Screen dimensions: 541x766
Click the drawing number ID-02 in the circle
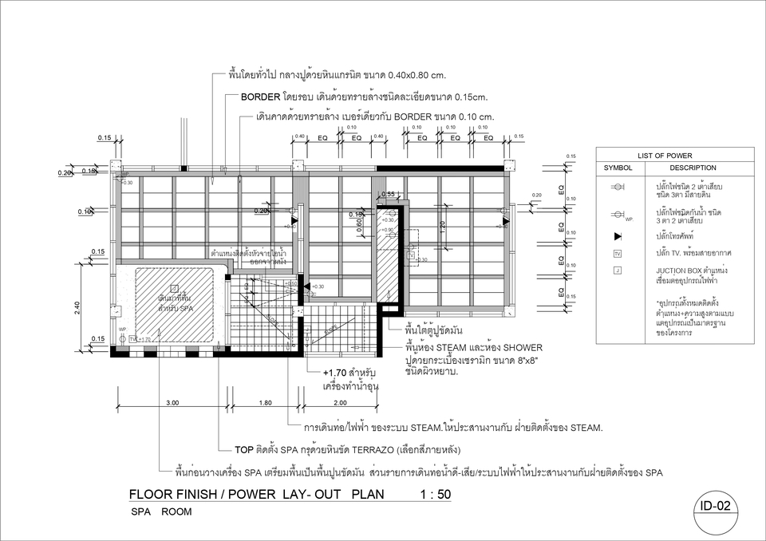pos(715,506)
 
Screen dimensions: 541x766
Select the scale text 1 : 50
pos(435,495)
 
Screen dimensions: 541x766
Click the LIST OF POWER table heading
pos(665,155)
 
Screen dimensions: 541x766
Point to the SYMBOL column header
pos(618,168)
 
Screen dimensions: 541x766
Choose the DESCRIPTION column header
pos(692,168)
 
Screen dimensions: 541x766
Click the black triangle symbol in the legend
pos(618,237)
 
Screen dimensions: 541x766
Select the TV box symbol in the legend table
pos(618,254)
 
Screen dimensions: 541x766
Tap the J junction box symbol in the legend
pos(618,271)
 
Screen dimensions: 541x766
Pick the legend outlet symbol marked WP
pos(618,214)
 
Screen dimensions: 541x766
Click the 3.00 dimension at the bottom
pos(172,402)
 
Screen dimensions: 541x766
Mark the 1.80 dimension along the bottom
pos(266,402)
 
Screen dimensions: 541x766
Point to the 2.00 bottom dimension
pos(341,402)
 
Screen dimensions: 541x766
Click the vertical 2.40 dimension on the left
pos(77,306)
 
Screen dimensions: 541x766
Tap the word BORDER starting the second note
pos(260,97)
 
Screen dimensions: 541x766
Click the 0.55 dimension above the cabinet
pos(389,194)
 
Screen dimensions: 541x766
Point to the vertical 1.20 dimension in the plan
pos(443,226)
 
